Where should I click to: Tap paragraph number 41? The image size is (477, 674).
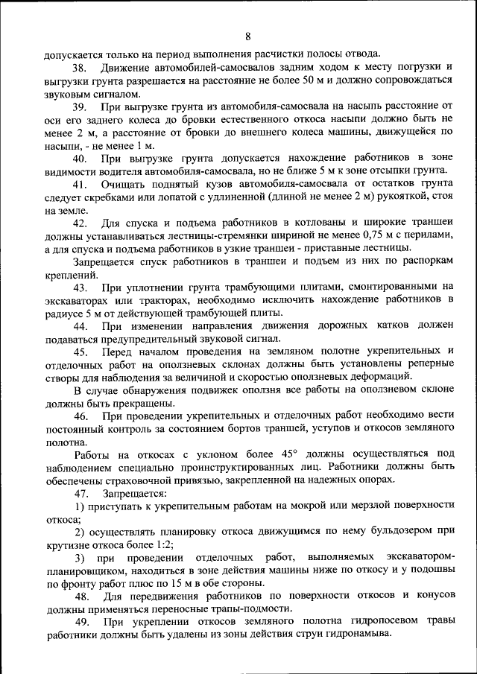[80, 184]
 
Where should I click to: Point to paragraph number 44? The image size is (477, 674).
[80, 326]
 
